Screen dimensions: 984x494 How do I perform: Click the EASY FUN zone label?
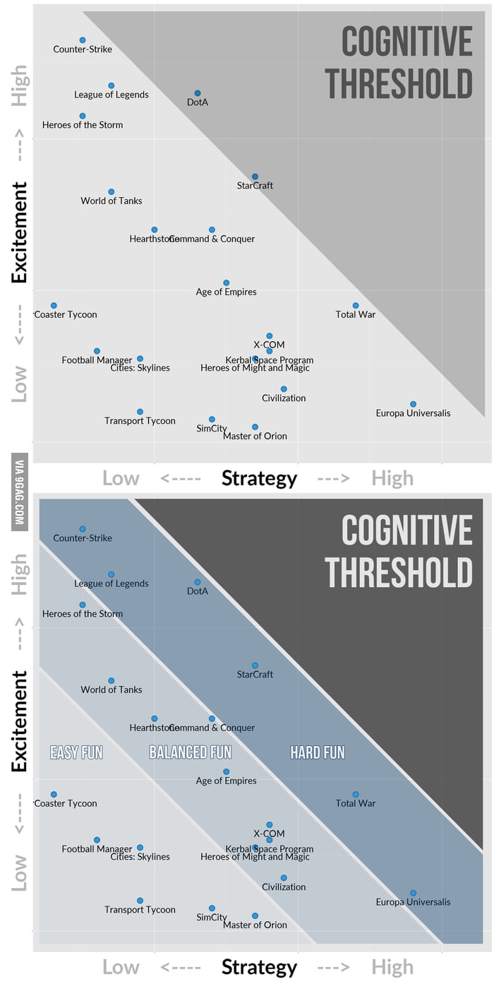[x=76, y=752]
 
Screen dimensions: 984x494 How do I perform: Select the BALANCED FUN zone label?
[x=190, y=752]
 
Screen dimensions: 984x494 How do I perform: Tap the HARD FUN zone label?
[x=318, y=752]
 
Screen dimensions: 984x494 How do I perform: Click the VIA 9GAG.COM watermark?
[x=20, y=492]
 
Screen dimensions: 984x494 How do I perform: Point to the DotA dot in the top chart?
[x=198, y=93]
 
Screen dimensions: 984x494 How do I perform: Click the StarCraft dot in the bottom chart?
[x=255, y=665]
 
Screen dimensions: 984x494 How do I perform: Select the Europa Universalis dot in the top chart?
[x=413, y=404]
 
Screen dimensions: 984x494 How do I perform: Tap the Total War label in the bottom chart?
[x=356, y=803]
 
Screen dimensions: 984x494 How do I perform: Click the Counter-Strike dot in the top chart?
[x=83, y=40]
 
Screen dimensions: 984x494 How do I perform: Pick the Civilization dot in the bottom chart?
[x=284, y=878]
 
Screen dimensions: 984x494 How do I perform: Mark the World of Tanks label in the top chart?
[x=112, y=201]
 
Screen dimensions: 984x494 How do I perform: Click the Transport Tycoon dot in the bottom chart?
[x=140, y=901]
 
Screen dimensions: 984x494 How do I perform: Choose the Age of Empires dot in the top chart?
[x=226, y=283]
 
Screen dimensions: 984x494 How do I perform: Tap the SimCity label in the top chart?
[x=212, y=429]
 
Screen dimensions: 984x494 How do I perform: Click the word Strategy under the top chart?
[x=259, y=478]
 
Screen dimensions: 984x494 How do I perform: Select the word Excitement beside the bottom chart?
[x=20, y=721]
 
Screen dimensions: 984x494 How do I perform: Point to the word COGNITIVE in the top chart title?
[x=407, y=42]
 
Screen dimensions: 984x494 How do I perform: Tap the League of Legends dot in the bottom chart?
[x=112, y=574]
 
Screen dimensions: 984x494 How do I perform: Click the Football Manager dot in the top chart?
[x=97, y=351]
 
